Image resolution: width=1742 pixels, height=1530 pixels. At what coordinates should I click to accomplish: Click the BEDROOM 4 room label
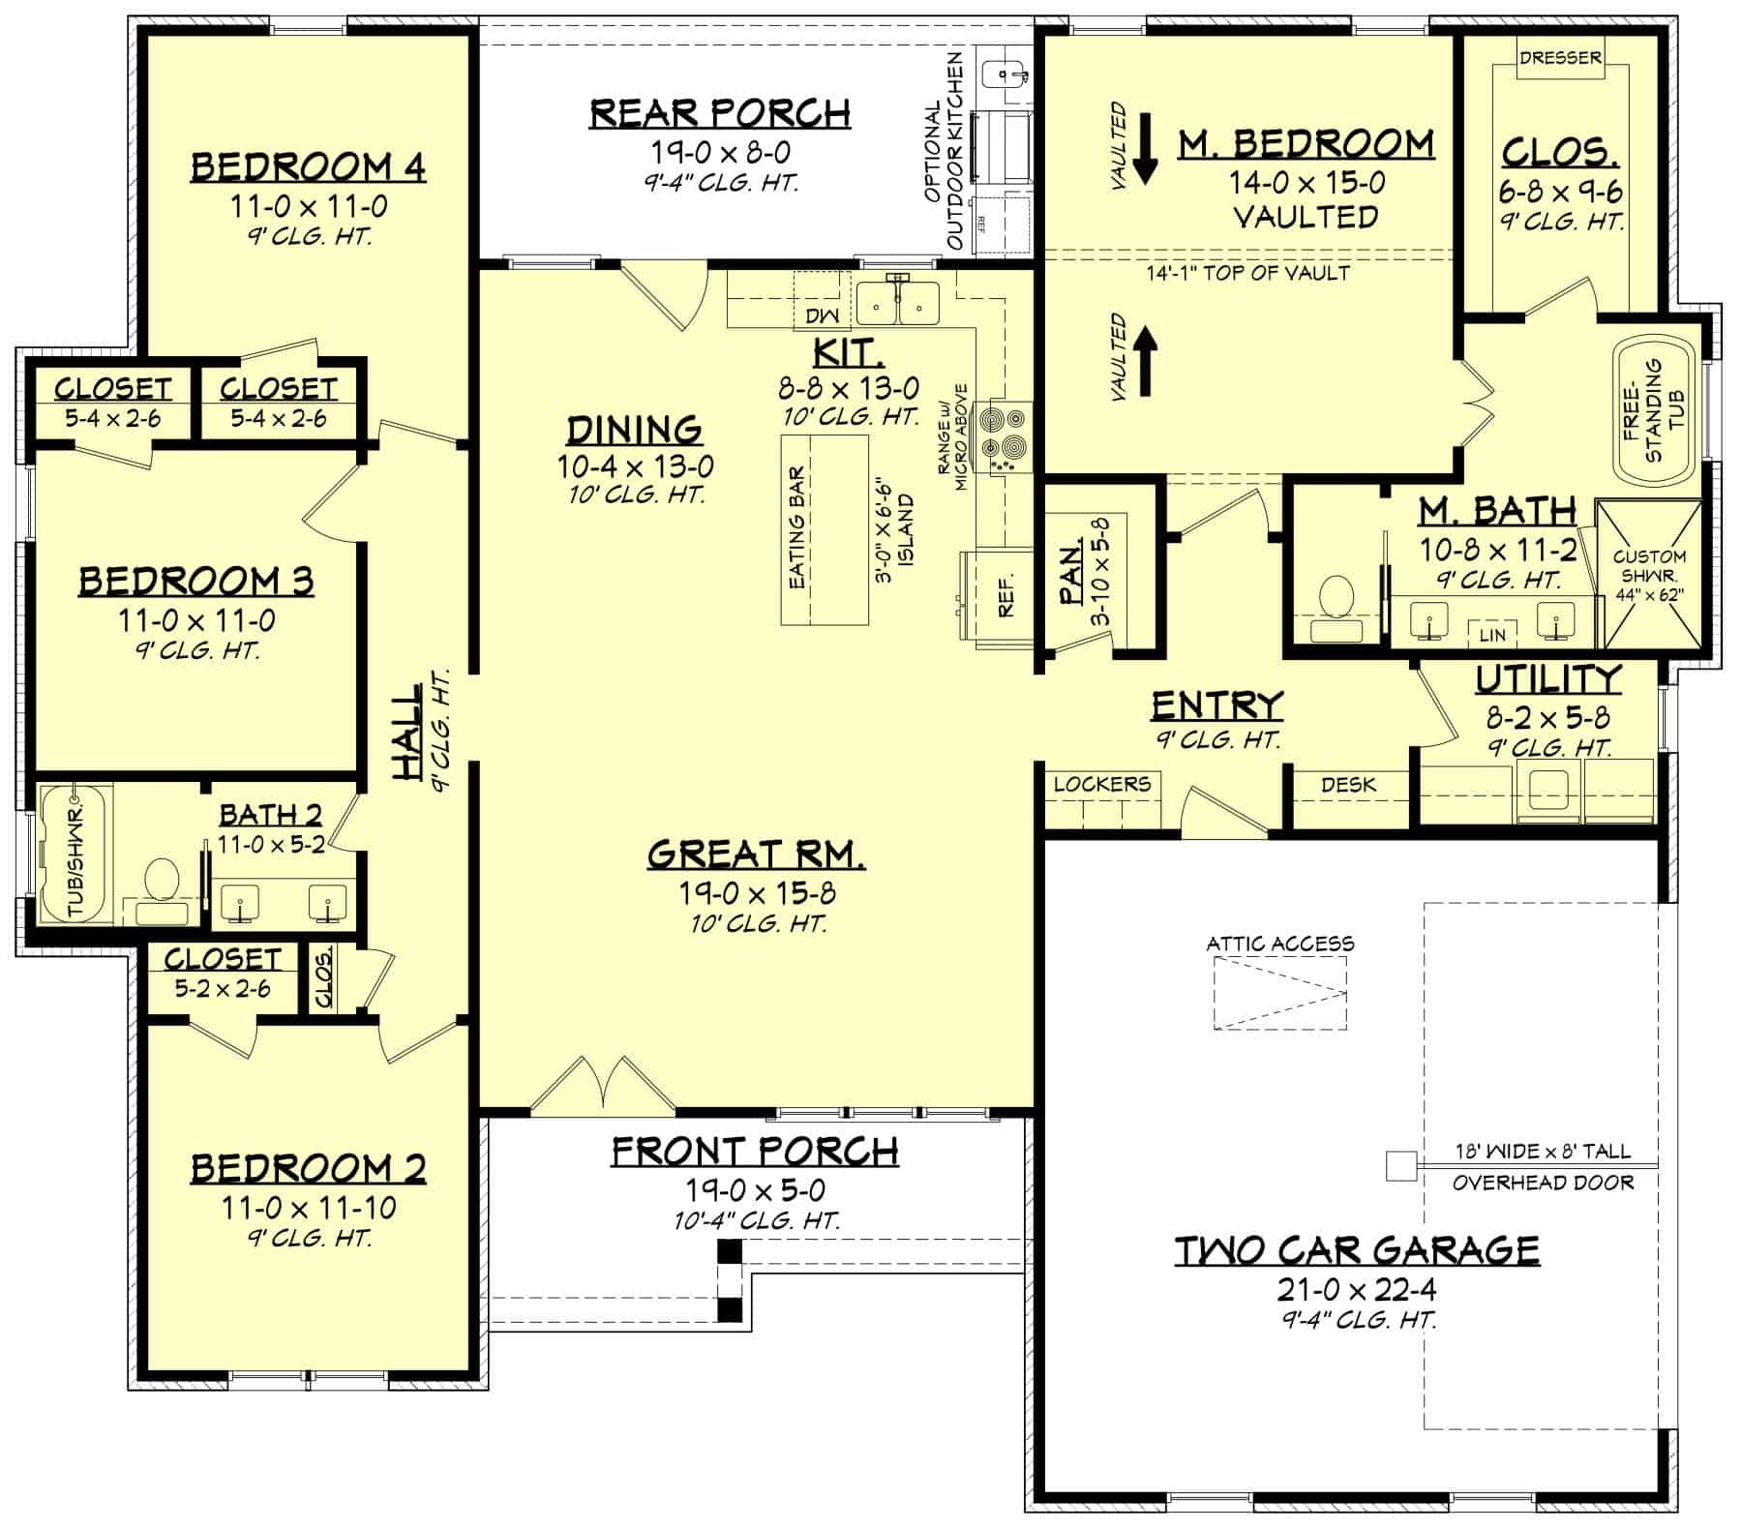coord(308,166)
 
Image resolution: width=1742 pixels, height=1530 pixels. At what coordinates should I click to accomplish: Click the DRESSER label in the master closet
coord(1559,58)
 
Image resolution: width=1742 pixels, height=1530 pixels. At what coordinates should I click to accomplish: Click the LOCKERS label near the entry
coord(1101,783)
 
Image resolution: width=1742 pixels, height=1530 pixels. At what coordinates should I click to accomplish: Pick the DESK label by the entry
coord(1348,785)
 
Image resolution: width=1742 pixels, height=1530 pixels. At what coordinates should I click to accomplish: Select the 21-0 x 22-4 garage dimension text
coord(1357,1289)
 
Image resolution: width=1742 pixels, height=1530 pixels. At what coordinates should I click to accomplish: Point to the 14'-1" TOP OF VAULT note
coord(1247,273)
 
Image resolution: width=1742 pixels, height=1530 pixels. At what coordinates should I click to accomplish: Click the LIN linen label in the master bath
coord(1492,635)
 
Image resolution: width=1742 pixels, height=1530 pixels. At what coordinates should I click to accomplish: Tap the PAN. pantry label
coord(1070,575)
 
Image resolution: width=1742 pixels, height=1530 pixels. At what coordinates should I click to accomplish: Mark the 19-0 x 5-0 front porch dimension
coord(755,1189)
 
